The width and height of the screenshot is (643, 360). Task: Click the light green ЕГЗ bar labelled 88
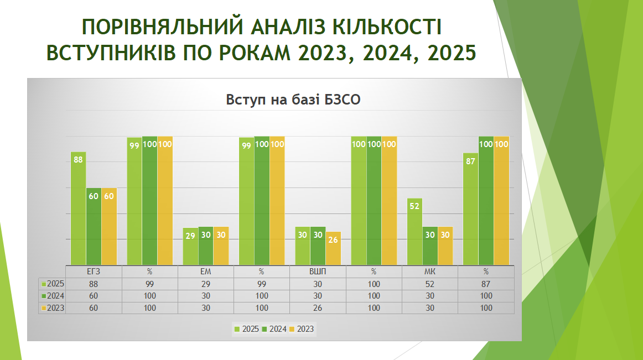click(79, 208)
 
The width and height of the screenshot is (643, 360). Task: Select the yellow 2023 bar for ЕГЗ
click(109, 226)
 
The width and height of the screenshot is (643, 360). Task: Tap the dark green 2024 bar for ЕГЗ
click(94, 226)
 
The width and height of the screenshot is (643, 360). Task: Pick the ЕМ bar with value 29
click(190, 246)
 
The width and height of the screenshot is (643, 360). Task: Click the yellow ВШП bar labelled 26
click(333, 248)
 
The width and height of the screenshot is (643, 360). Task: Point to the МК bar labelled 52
click(414, 232)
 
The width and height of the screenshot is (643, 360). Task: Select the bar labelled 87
click(471, 209)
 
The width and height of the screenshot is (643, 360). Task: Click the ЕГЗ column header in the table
click(94, 272)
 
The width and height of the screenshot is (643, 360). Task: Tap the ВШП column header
click(318, 272)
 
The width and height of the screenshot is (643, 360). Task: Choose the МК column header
click(430, 272)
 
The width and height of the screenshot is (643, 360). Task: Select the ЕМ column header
click(205, 272)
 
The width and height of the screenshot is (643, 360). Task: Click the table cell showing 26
click(318, 308)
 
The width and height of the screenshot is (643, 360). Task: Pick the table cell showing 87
click(486, 284)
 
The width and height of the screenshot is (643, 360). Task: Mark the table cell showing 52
click(430, 284)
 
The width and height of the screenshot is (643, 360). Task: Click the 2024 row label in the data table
click(53, 296)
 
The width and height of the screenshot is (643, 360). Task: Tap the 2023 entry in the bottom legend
click(302, 329)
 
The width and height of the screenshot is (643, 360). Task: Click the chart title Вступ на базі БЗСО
click(293, 100)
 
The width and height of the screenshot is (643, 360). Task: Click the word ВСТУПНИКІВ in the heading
click(111, 53)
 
